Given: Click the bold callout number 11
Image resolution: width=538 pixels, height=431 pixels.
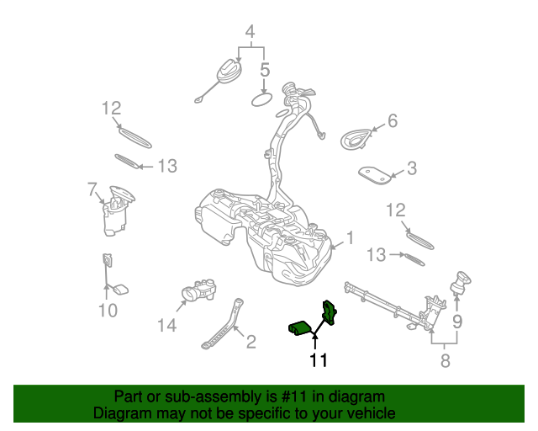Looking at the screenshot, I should [318, 360].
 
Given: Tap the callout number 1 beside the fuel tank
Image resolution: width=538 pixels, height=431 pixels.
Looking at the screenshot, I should [350, 238].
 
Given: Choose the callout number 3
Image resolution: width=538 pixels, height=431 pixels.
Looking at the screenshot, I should [411, 168].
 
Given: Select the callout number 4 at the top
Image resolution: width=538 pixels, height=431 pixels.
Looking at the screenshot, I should [249, 32].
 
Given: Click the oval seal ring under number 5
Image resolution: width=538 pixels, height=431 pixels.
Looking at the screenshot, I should [263, 100].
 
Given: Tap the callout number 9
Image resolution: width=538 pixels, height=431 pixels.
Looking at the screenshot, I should [457, 321].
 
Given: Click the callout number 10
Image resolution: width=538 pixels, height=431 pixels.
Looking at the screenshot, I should [107, 311].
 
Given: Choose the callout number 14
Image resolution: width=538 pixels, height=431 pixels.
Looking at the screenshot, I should [168, 324].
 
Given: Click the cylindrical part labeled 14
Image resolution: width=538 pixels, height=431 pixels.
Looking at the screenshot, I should [198, 293].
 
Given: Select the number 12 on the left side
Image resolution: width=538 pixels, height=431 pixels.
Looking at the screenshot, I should [112, 108].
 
